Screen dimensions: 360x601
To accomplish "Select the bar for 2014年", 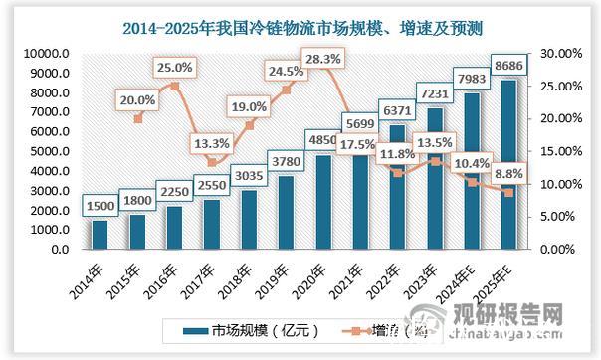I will point(100,235).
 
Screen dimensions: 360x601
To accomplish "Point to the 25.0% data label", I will point(174,67).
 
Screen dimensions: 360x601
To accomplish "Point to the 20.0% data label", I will point(137,99).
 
